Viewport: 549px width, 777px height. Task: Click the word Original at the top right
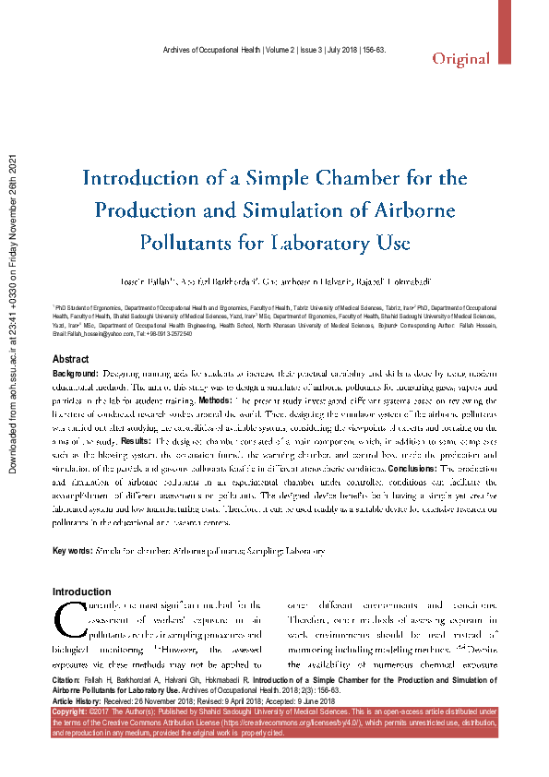pos(461,59)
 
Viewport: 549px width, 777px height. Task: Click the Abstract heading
pos(71,358)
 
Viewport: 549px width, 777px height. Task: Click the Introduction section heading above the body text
pos(81,592)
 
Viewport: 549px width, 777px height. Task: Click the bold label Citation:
pos(74,679)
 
